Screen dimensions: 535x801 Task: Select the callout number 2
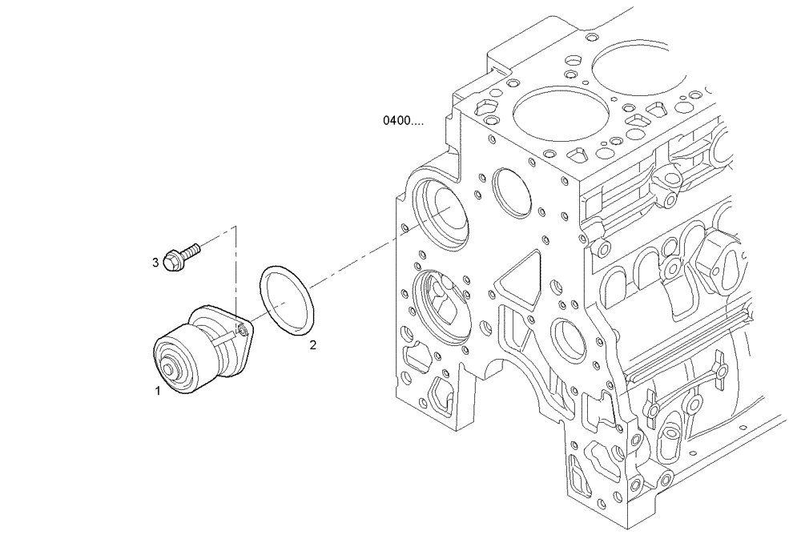(x=313, y=345)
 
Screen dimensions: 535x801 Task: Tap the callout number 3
(x=155, y=261)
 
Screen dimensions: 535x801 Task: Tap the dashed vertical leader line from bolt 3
(x=235, y=272)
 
